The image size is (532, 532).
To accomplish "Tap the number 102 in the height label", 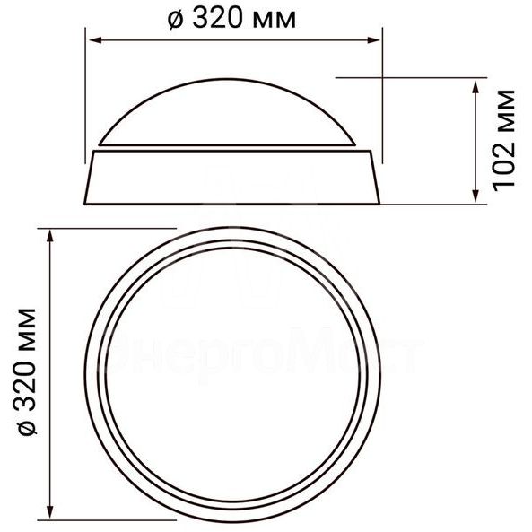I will pyautogui.click(x=503, y=169).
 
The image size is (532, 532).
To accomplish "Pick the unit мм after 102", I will pyautogui.click(x=503, y=112).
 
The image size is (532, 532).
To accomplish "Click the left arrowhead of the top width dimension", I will pyautogui.click(x=91, y=39).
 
